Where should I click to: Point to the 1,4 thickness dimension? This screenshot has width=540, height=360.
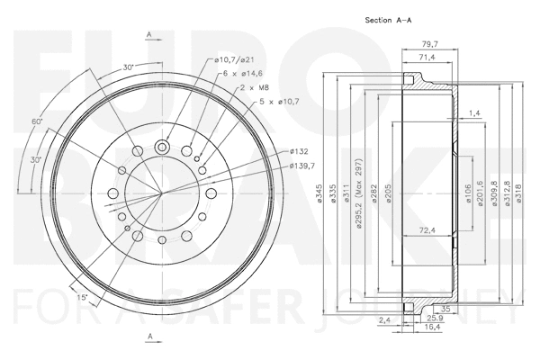click(474, 112)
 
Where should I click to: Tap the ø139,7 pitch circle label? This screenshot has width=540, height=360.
click(303, 166)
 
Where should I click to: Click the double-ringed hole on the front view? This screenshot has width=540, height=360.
click(163, 148)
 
